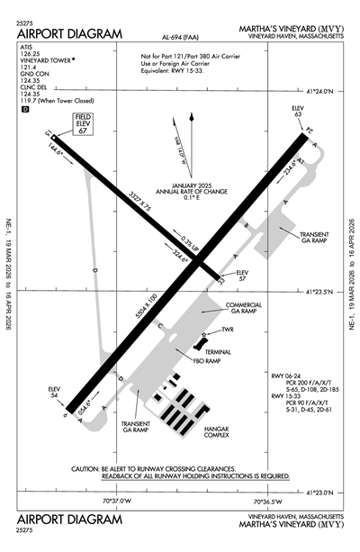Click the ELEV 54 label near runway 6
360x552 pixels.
[57, 393]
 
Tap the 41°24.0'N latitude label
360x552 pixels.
[326, 91]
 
